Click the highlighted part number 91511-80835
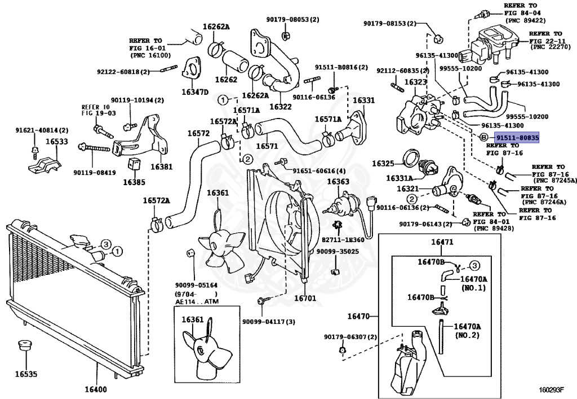517,138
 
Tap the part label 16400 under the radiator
96,389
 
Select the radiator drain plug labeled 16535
25,347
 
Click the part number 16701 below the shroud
305,297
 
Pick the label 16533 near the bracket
57,142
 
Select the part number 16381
162,167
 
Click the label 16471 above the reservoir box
442,242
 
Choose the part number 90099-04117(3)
269,322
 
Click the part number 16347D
195,92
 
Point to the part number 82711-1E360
343,239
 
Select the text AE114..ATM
197,301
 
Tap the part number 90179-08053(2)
293,19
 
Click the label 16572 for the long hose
198,133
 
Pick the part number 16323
416,82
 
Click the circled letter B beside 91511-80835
484,138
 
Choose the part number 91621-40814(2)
42,130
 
